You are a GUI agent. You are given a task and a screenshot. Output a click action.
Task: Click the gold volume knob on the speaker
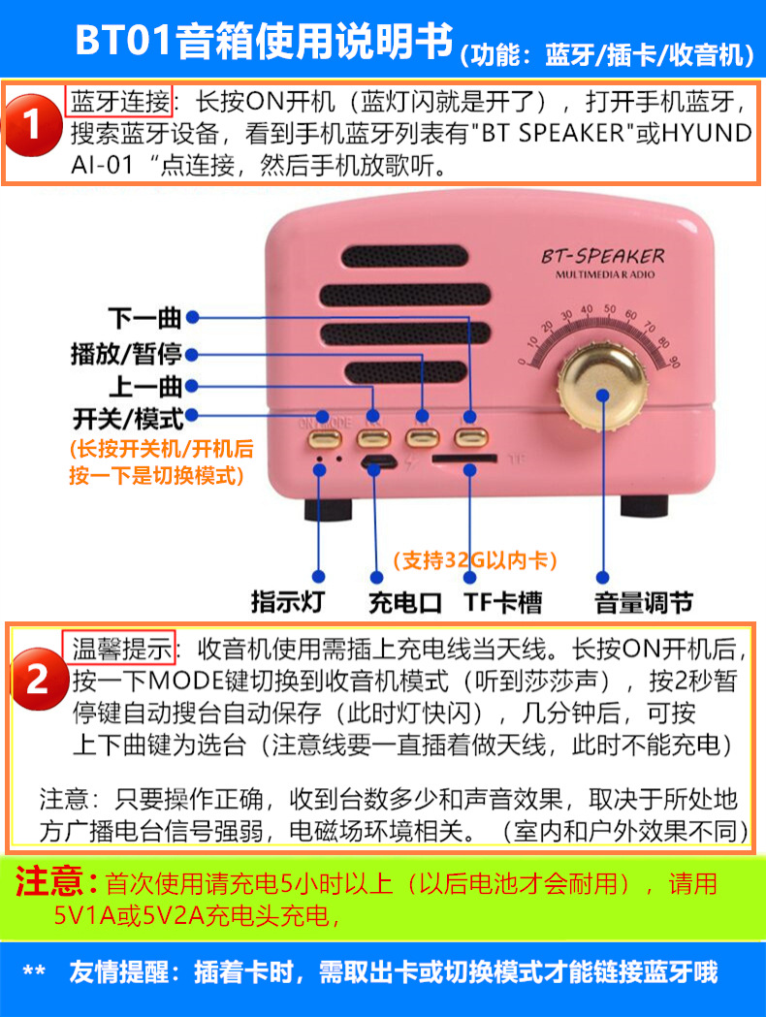(x=602, y=395)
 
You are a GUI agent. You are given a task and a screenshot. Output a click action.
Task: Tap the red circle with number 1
(x=33, y=126)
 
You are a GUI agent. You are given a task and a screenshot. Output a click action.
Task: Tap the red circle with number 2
(x=36, y=679)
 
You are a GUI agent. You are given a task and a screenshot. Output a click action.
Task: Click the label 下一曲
(x=144, y=317)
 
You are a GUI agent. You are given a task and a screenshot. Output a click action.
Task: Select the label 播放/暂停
(x=126, y=354)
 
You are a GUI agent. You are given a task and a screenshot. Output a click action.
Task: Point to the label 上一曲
(x=144, y=386)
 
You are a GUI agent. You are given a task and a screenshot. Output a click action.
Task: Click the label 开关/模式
(x=127, y=418)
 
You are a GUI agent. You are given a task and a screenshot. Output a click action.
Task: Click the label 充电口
(x=404, y=601)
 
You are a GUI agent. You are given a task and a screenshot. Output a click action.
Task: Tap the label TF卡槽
(x=502, y=601)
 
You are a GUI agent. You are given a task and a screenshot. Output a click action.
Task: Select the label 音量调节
(x=644, y=601)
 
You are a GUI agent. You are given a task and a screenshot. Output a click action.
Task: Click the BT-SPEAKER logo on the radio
(x=602, y=257)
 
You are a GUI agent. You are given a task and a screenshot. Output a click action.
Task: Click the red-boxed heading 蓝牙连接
(x=119, y=100)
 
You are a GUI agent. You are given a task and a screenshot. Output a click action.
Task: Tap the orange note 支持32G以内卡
(x=474, y=559)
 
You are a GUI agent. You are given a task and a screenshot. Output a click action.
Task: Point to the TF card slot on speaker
(x=465, y=457)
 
